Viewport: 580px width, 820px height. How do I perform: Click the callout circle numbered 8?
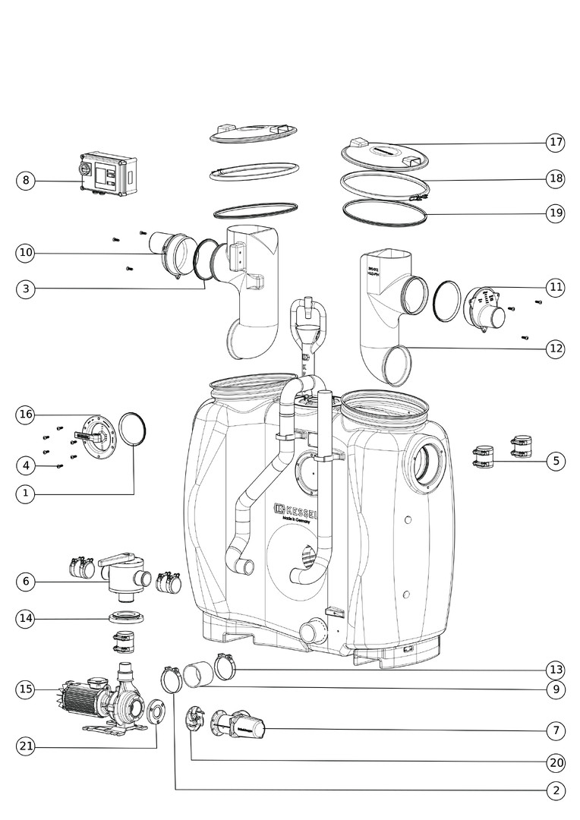click(26, 181)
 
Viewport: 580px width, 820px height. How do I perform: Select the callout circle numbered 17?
click(556, 142)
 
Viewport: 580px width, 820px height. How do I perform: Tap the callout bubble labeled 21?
click(26, 746)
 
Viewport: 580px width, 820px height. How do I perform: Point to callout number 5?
click(556, 461)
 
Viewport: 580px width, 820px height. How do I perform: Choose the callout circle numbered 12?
click(556, 348)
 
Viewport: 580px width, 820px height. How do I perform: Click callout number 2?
click(556, 790)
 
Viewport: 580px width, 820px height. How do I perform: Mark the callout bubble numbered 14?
click(26, 619)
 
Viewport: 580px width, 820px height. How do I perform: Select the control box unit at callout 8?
click(109, 174)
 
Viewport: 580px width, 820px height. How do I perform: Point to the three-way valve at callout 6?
click(121, 575)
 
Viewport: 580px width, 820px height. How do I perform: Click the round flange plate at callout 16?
click(96, 436)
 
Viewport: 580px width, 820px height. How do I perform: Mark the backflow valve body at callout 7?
click(241, 728)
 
